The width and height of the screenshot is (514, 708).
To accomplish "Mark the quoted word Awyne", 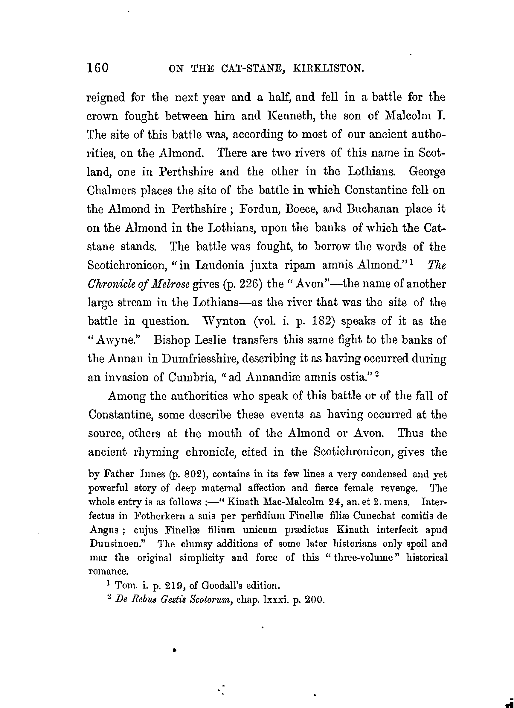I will tap(116, 340).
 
